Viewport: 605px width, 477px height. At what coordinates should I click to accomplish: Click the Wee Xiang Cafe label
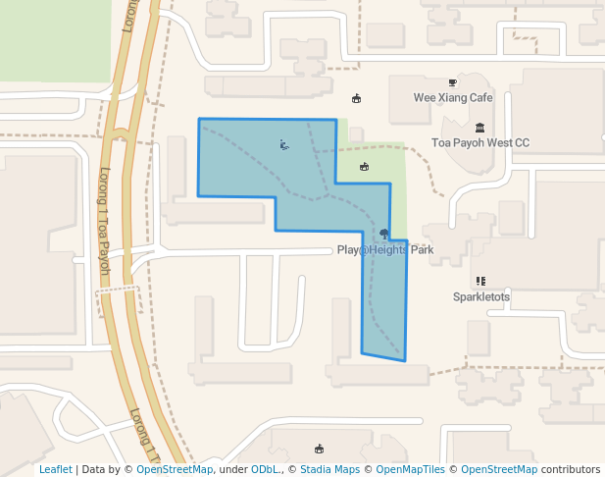click(x=452, y=98)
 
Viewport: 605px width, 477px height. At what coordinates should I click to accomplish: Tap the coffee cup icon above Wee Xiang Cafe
click(x=452, y=82)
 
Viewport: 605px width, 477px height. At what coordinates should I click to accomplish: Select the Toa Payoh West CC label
click(x=480, y=143)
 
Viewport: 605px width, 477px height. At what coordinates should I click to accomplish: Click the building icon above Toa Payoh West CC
click(x=479, y=128)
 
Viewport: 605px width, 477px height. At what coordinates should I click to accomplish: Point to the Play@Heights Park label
click(x=384, y=250)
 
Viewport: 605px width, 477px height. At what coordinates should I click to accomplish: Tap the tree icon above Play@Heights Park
click(x=383, y=234)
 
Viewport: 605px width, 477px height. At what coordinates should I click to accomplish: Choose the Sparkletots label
click(x=480, y=296)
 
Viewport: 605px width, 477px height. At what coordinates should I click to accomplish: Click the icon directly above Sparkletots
click(x=480, y=281)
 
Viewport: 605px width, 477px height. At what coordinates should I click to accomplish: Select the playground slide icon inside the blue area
click(x=283, y=145)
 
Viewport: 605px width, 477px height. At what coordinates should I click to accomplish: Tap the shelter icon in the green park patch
click(x=365, y=166)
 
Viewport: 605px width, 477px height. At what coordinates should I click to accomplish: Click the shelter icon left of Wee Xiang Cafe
click(x=356, y=98)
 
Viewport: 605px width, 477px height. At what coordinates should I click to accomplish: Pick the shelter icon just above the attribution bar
click(x=319, y=449)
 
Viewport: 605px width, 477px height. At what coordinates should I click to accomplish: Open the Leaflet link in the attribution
click(x=55, y=470)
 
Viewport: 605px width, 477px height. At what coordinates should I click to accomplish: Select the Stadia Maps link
click(x=329, y=470)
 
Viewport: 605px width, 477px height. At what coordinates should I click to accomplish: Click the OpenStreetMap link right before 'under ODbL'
click(x=174, y=470)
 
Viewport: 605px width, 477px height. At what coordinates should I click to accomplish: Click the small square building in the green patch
click(x=356, y=134)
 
